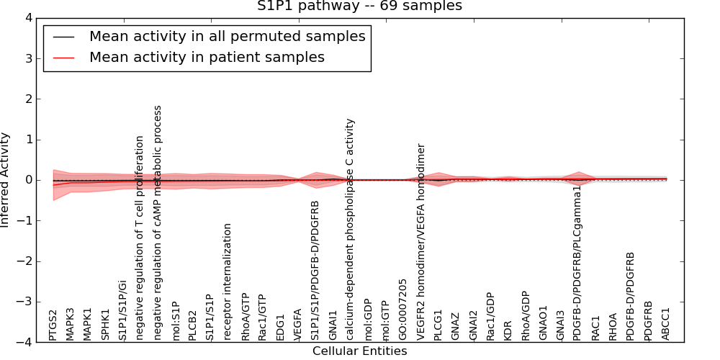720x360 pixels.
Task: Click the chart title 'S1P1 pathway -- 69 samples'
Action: pos(359,6)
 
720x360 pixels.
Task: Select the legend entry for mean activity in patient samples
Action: pos(207,57)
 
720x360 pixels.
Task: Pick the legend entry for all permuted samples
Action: pos(227,36)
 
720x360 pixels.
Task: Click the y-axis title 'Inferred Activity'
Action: pos(6,180)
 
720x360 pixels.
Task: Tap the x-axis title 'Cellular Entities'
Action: pos(359,351)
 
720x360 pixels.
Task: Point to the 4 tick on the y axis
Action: pos(28,18)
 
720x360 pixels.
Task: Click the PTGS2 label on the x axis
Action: pos(53,325)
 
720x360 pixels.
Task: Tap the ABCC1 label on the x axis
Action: pos(666,325)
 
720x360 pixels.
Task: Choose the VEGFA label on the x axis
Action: pos(297,325)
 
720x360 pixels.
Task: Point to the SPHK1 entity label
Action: pos(106,325)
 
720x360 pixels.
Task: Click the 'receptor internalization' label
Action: pos(228,282)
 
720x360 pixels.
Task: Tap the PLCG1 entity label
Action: pos(438,325)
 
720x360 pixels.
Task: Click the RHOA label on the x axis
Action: pos(613,326)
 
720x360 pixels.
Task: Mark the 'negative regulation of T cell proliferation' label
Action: pos(140,238)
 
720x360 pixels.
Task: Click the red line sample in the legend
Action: pos(64,57)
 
